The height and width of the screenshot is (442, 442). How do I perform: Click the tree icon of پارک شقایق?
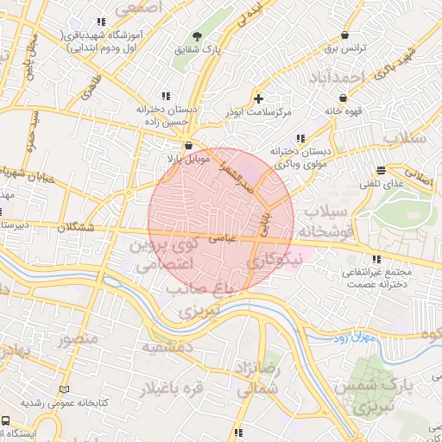199,36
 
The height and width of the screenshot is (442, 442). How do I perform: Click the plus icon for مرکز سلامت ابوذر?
259,98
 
